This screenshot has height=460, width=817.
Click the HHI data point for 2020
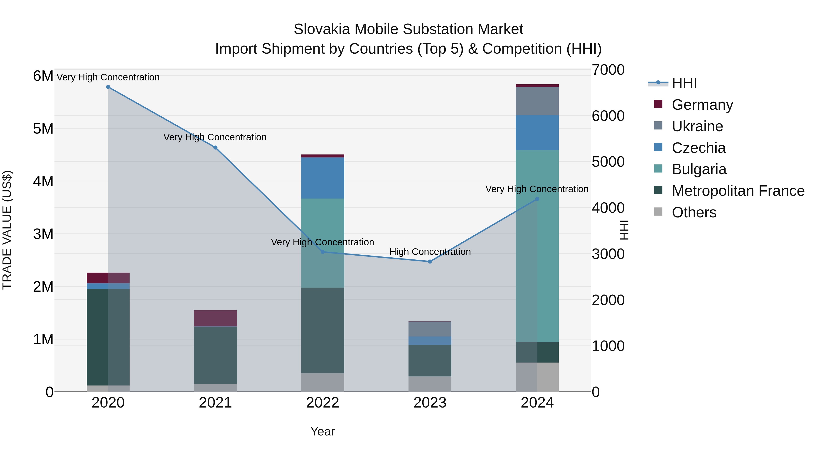[x=108, y=87]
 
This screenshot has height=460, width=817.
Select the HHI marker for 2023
[x=430, y=262]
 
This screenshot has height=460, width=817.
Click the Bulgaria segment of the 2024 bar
[x=537, y=246]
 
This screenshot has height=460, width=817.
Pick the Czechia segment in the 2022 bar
[x=322, y=178]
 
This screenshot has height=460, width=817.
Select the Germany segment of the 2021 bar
[x=215, y=318]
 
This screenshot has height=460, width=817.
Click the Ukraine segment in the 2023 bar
[x=430, y=329]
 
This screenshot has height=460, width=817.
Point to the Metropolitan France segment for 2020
[x=108, y=337]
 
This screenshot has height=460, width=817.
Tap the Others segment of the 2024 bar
[x=537, y=377]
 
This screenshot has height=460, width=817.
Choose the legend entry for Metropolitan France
[x=738, y=191]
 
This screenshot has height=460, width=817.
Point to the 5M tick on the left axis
[x=43, y=129]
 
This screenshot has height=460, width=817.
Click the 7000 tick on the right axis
[x=608, y=70]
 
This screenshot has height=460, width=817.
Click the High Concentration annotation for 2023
[x=430, y=252]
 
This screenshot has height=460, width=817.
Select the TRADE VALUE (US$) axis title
[x=7, y=230]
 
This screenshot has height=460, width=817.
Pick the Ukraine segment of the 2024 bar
[x=537, y=101]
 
